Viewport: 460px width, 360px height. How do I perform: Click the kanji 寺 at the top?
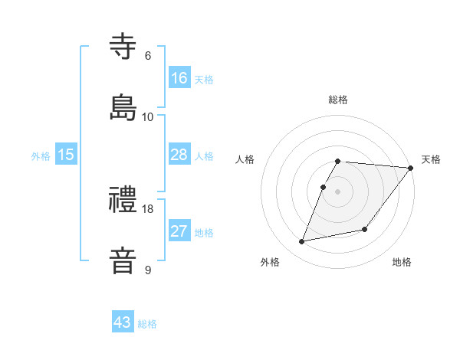tap(124, 47)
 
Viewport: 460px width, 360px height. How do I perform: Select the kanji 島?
tap(124, 107)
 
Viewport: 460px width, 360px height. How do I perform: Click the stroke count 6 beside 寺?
tap(148, 56)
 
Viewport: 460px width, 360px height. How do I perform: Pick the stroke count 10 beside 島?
tap(148, 116)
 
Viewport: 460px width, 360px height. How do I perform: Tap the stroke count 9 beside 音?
tap(148, 270)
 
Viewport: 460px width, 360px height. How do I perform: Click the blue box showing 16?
tap(179, 78)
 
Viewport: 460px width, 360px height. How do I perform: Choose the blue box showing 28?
tap(179, 155)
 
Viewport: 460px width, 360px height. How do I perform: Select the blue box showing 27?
tap(179, 231)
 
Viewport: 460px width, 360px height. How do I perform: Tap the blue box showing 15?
tap(66, 155)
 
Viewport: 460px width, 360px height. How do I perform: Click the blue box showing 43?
tap(123, 322)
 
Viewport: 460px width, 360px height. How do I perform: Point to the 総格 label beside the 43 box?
tap(147, 324)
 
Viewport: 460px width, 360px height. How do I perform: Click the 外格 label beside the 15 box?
tap(41, 156)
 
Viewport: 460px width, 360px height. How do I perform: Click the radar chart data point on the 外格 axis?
tap(302, 242)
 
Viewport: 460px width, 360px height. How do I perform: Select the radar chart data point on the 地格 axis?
tap(365, 229)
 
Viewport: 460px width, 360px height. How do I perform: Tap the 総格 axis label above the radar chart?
tap(338, 100)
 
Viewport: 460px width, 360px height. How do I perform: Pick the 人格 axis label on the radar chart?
tap(245, 159)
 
